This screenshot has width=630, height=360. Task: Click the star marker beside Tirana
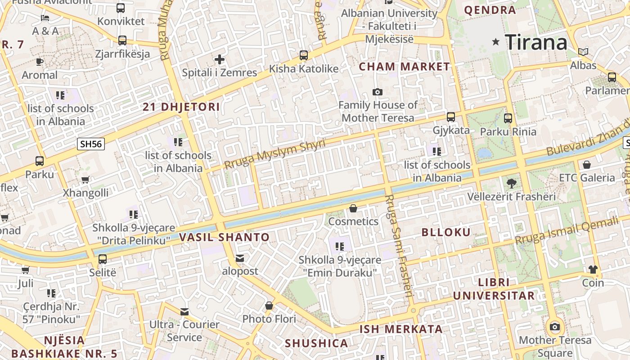pyautogui.click(x=496, y=42)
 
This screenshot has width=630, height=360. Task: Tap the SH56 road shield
pyautogui.click(x=91, y=144)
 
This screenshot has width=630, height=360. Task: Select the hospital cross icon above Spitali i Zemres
pyautogui.click(x=219, y=59)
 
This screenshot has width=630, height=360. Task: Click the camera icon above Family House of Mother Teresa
pyautogui.click(x=378, y=92)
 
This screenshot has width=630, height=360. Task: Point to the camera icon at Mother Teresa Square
pyautogui.click(x=555, y=327)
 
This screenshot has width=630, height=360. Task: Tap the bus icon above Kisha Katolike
pyautogui.click(x=304, y=55)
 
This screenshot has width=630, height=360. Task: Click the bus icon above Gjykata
pyautogui.click(x=451, y=117)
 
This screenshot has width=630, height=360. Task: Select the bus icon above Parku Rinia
pyautogui.click(x=508, y=118)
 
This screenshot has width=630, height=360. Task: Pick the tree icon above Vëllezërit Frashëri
pyautogui.click(x=511, y=183)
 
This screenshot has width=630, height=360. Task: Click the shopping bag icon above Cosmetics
pyautogui.click(x=353, y=208)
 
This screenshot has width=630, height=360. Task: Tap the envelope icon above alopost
pyautogui.click(x=240, y=258)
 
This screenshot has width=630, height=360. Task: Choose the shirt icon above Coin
pyautogui.click(x=593, y=270)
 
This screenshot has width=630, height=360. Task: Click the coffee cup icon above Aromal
pyautogui.click(x=40, y=62)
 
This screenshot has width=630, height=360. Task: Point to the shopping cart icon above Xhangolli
pyautogui.click(x=85, y=180)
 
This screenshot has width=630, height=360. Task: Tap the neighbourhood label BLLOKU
pyautogui.click(x=446, y=232)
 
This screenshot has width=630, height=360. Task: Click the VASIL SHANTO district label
pyautogui.click(x=225, y=237)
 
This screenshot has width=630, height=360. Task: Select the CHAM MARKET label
pyautogui.click(x=404, y=67)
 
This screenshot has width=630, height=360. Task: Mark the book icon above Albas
pyautogui.click(x=583, y=52)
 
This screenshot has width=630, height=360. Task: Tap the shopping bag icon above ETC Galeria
pyautogui.click(x=586, y=165)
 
